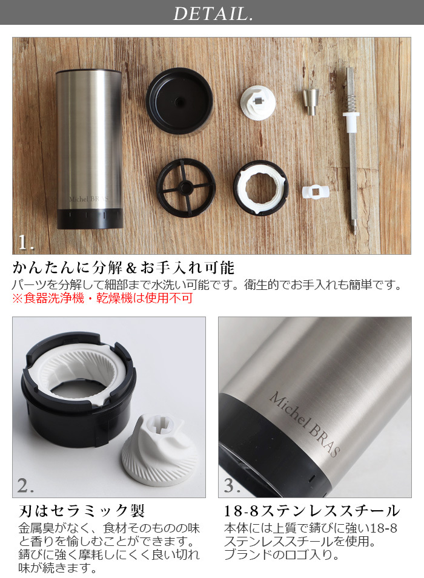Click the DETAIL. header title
(213, 14)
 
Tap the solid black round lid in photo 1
(180, 100)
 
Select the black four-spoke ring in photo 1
(185, 188)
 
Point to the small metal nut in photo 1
(310, 102)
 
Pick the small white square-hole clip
(314, 192)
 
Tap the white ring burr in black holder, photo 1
(260, 188)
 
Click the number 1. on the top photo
(26, 242)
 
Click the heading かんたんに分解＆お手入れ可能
(124, 268)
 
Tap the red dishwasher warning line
(102, 298)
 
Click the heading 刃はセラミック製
(82, 511)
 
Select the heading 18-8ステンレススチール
(312, 511)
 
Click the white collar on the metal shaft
(351, 119)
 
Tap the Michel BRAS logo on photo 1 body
(88, 199)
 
